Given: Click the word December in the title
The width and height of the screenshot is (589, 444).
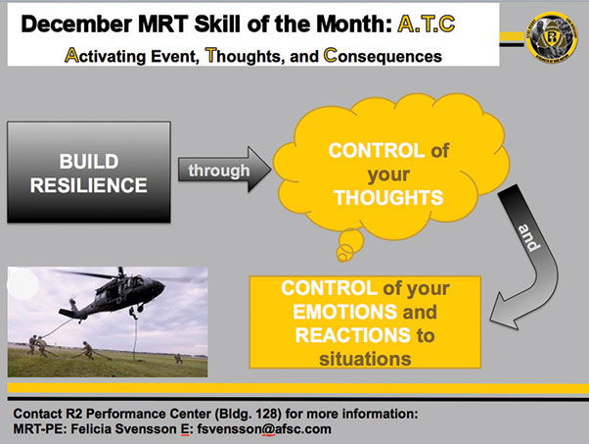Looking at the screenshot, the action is pos(76,25).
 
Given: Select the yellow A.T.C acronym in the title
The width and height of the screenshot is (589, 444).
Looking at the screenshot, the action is pos(427,25).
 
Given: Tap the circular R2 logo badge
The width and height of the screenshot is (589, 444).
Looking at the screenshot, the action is pos(552,36).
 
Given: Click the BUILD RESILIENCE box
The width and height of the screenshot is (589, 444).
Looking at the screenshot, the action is pos(89,173).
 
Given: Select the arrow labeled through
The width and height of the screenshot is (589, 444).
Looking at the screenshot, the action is pos(224,170).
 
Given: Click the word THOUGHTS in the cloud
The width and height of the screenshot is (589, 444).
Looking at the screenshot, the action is pos(388,198).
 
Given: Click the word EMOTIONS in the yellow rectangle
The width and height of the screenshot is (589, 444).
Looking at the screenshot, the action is pos(344,312).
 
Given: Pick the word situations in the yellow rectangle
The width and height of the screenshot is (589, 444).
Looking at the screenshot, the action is pos(365,359).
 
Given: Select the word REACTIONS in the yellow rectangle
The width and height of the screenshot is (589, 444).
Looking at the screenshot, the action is pos(353,335).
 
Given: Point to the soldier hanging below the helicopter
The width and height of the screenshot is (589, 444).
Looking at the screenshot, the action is pos(133,313).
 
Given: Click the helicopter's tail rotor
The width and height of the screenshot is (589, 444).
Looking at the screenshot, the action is pos(71,303).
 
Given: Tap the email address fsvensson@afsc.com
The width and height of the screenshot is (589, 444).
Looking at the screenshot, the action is pos(264,429).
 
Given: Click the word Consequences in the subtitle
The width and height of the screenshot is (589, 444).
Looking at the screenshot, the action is pos(383,56).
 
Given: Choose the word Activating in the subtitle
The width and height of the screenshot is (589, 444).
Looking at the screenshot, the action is pos(106,56).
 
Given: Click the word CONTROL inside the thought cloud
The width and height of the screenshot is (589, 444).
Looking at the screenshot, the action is pos(377,151).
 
